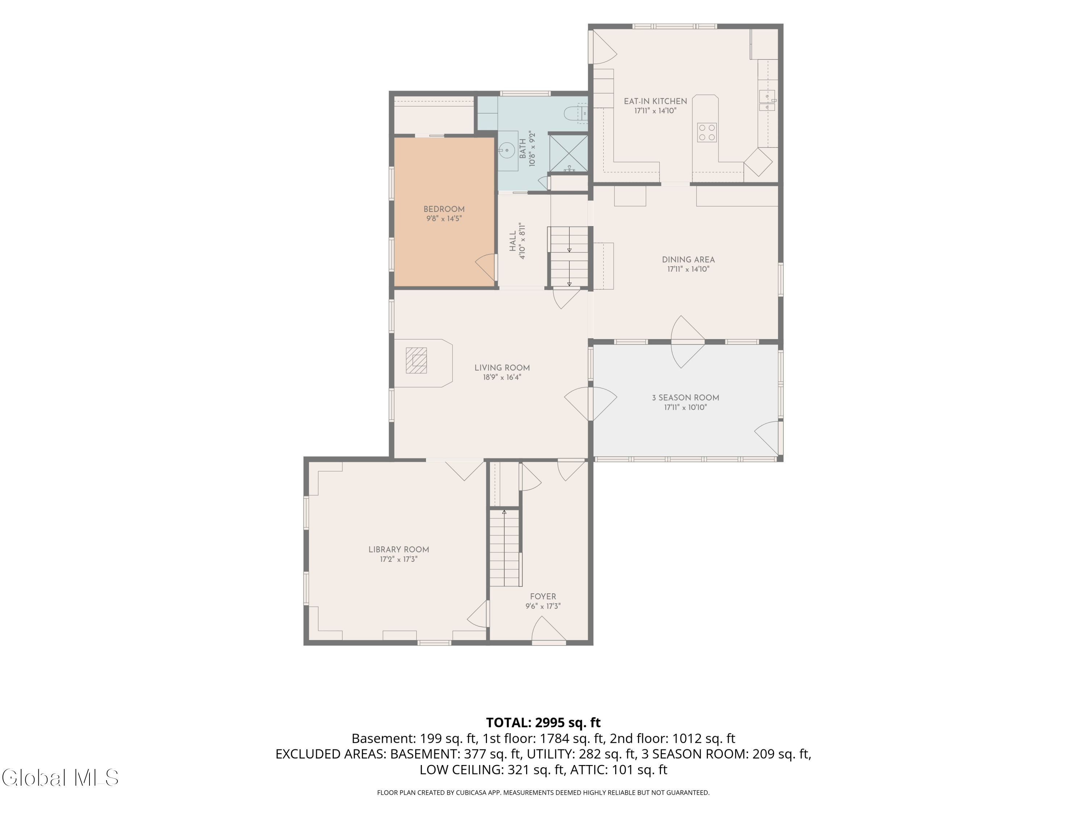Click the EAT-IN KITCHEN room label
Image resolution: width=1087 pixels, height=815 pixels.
[x=655, y=101]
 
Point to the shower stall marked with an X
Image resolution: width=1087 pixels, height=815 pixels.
[x=569, y=153]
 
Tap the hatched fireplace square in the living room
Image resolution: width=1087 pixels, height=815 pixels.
[x=416, y=360]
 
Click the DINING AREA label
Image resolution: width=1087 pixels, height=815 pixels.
[x=688, y=260]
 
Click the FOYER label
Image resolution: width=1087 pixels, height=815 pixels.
[x=543, y=596]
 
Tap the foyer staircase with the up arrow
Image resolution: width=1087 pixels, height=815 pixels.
[x=505, y=548]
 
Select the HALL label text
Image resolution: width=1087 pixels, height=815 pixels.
[x=513, y=242]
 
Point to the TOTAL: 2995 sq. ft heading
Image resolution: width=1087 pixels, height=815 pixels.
[x=543, y=723]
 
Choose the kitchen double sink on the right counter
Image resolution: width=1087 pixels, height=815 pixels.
[x=767, y=101]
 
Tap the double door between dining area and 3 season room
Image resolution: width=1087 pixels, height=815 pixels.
[x=688, y=342]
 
